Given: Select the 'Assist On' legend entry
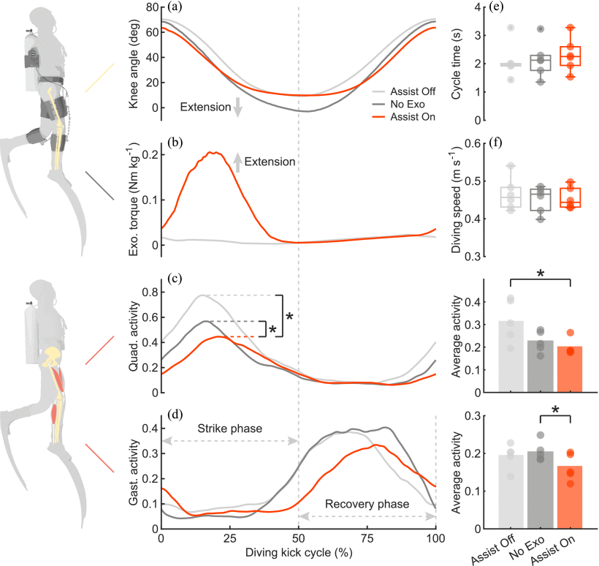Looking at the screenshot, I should pyautogui.click(x=406, y=117).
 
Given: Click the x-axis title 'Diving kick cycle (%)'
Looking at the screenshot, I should pyautogui.click(x=298, y=554).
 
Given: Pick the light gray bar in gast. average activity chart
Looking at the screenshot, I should pyautogui.click(x=511, y=491).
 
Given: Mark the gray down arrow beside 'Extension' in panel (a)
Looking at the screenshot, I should pyautogui.click(x=237, y=108).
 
